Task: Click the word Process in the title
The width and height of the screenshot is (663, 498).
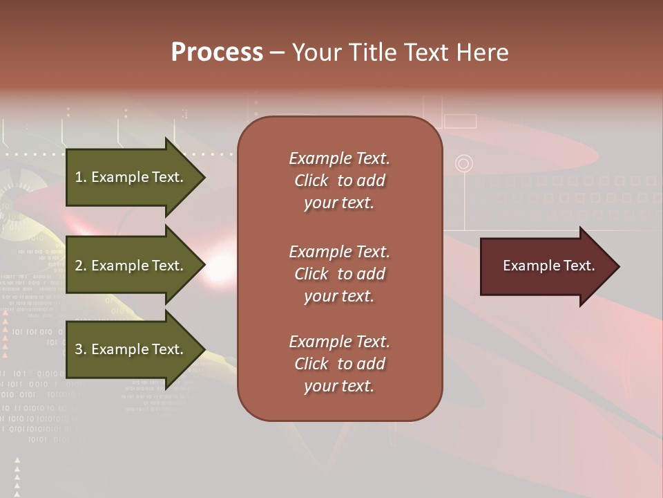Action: [217, 53]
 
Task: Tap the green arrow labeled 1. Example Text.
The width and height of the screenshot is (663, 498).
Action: [131, 177]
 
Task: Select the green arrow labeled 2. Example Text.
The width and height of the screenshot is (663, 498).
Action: [131, 266]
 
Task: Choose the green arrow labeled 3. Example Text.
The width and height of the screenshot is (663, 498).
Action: [131, 349]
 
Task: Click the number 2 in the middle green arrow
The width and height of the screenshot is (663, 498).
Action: [79, 266]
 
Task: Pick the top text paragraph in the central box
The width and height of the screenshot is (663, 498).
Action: [339, 181]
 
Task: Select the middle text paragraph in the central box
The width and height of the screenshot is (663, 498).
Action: [339, 274]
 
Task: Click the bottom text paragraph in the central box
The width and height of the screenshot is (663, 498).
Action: [339, 364]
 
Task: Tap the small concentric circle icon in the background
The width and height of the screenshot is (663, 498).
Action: [464, 164]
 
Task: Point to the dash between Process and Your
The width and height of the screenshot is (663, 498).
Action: [277, 53]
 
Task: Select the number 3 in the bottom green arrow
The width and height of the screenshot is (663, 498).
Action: [79, 349]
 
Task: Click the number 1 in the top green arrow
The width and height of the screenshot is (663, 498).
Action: [79, 177]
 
